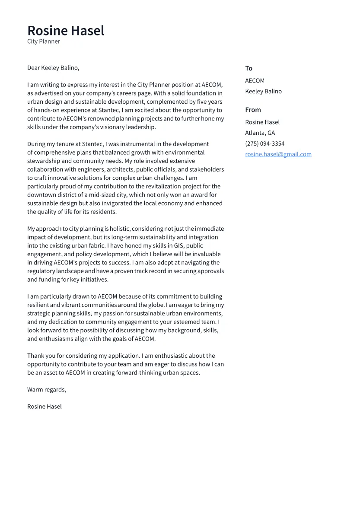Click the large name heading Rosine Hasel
[x=66, y=31]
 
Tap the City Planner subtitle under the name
[x=44, y=41]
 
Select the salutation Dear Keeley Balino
[x=53, y=68]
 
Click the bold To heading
[x=248, y=68]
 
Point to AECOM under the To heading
[x=255, y=81]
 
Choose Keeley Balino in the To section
[x=263, y=91]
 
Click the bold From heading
[x=253, y=110]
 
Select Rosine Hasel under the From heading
[x=262, y=122]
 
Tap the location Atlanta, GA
[x=260, y=133]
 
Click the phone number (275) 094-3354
[x=264, y=143]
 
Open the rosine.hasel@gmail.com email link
[x=278, y=154]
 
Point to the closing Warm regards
[x=47, y=390]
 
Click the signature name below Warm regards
[x=45, y=407]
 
